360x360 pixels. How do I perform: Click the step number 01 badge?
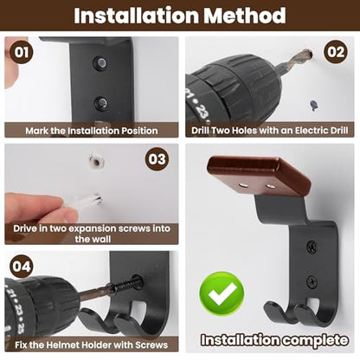[22, 53]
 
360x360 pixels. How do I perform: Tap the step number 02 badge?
[336, 52]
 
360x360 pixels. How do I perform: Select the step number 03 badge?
[157, 159]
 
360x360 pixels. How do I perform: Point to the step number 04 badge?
[22, 266]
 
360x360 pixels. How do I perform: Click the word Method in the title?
[245, 16]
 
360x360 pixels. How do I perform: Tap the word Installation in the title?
[136, 16]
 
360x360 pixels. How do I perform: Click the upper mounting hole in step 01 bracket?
[100, 62]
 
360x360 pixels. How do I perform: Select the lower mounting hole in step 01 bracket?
[101, 103]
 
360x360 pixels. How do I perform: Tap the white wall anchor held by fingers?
[89, 199]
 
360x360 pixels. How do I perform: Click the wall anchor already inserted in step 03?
[96, 161]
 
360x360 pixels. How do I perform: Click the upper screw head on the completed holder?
[312, 246]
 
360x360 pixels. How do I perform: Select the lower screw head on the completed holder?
[312, 280]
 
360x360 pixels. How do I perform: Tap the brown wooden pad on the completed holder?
[259, 177]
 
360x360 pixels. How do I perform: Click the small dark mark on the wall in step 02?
[313, 105]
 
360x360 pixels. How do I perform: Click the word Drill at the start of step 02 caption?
[201, 131]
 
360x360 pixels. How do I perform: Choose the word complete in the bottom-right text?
[314, 340]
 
